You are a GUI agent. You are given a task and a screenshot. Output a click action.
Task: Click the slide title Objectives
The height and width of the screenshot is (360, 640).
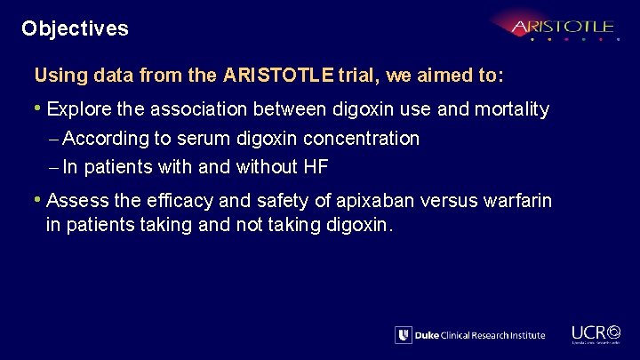(76, 28)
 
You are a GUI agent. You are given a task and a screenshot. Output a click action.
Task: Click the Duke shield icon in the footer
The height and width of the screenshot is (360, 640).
(404, 335)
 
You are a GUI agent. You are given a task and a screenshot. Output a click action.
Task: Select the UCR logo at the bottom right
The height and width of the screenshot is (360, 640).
(596, 332)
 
